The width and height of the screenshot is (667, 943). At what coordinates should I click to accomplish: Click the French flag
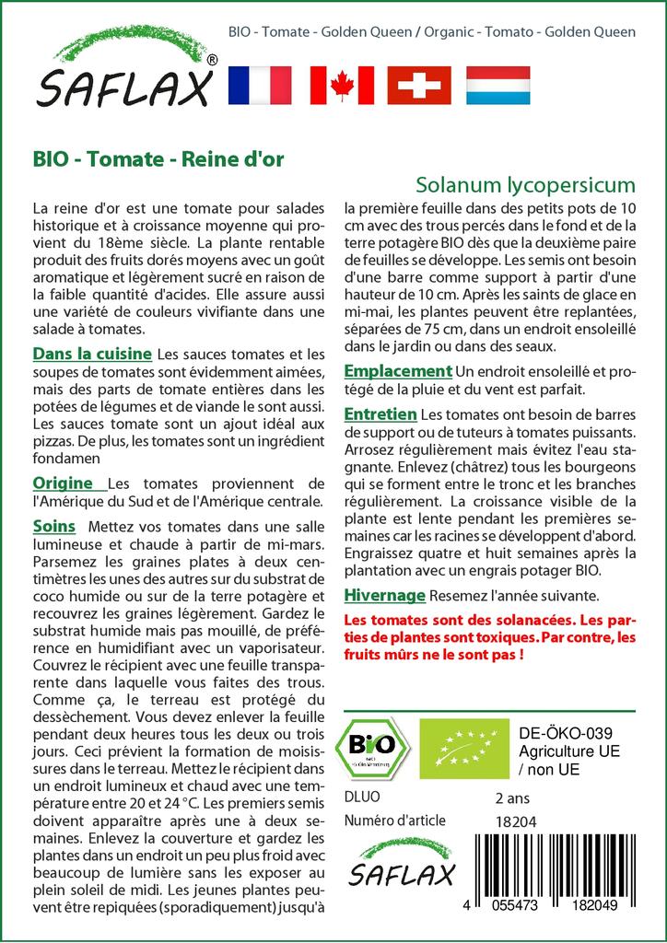click(x=259, y=85)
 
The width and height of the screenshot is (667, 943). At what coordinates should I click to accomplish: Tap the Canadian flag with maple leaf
click(x=342, y=85)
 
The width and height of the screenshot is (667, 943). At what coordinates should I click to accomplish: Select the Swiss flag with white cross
click(x=418, y=85)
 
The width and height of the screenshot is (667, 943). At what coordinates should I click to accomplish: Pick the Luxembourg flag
click(x=498, y=85)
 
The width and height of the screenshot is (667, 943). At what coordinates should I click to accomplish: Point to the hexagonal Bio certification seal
click(x=373, y=747)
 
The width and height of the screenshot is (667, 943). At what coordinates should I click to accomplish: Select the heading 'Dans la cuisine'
click(x=92, y=354)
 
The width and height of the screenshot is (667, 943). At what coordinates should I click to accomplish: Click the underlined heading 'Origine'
click(x=63, y=483)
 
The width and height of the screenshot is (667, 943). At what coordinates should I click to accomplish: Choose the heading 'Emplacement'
click(x=398, y=370)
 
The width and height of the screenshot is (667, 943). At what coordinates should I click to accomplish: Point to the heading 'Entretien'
click(x=380, y=414)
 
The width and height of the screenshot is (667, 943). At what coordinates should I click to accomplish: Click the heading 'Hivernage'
click(x=384, y=595)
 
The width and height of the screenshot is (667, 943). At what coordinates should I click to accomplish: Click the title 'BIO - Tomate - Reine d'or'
click(x=158, y=157)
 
